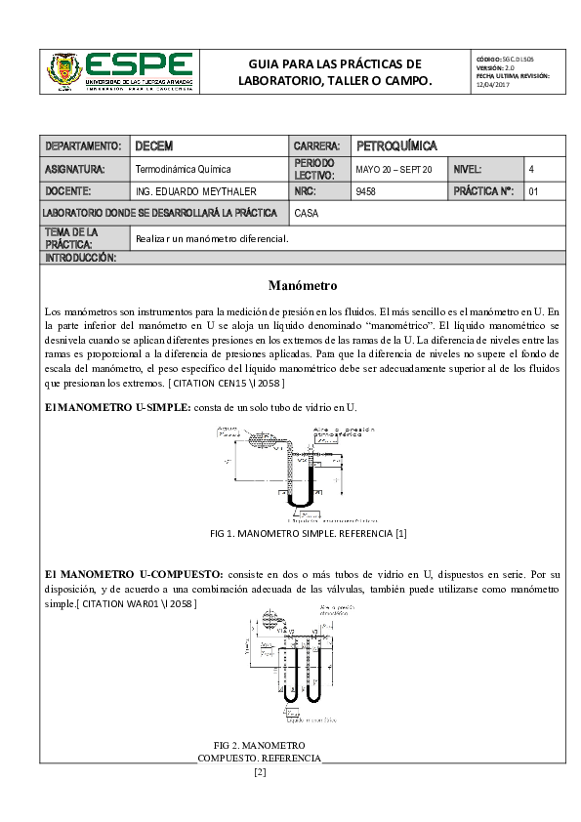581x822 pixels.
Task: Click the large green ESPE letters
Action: [140, 64]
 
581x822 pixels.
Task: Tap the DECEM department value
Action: [154, 146]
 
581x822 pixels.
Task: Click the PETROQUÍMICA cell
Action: [395, 146]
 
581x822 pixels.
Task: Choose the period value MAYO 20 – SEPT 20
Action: [394, 169]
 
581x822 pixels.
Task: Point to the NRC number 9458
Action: [366, 191]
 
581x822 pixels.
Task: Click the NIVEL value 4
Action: [531, 169]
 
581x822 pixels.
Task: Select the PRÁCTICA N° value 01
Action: [533, 191]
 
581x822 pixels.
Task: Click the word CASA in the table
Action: [307, 212]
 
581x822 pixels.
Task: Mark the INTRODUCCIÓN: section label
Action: [81, 258]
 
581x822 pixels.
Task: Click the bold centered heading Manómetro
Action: [302, 286]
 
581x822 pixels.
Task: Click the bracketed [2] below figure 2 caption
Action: [260, 772]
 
